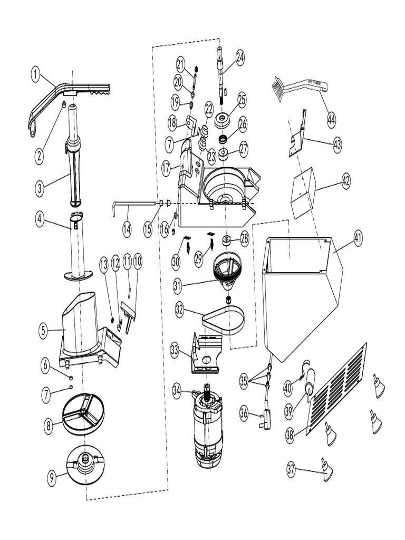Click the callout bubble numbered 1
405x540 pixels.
pyautogui.click(x=36, y=75)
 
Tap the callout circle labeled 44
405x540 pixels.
pyautogui.click(x=331, y=120)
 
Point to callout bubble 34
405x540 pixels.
pyautogui.click(x=177, y=390)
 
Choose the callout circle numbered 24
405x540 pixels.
pyautogui.click(x=240, y=57)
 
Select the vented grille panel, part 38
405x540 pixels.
pyautogui.click(x=336, y=389)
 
